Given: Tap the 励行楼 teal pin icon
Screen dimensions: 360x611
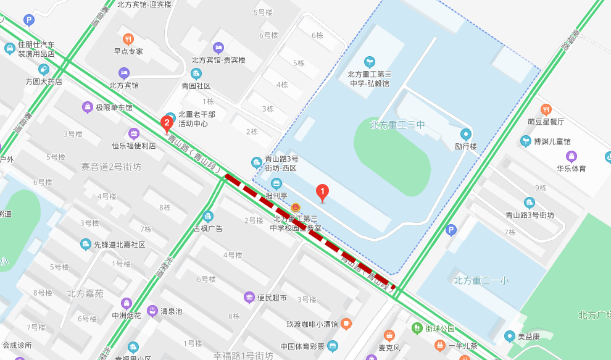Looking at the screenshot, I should click(x=465, y=134).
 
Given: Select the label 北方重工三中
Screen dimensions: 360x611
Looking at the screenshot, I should click(x=397, y=125).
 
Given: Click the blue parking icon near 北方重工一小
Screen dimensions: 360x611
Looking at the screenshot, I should click(x=451, y=230).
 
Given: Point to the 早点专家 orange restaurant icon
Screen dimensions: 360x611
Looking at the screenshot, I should click(x=128, y=38).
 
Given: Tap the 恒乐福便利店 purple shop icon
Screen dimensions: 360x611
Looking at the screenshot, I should click(x=134, y=133).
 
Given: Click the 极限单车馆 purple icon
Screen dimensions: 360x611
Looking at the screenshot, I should click(x=88, y=107).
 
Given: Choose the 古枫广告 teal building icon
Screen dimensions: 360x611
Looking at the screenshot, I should click(x=208, y=216).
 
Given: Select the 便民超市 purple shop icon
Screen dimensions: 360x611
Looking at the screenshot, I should click(x=249, y=298).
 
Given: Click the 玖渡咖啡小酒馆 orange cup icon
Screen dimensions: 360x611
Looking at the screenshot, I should click(x=346, y=324).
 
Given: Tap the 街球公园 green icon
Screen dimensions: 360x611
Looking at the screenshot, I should click(x=418, y=328).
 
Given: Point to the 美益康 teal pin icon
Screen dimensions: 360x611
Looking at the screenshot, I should click(x=509, y=337).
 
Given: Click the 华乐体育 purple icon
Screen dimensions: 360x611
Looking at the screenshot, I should click(x=572, y=156).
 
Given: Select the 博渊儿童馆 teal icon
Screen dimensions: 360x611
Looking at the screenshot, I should click(x=526, y=141).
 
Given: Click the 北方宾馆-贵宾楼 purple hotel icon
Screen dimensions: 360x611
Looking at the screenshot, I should click(x=217, y=48).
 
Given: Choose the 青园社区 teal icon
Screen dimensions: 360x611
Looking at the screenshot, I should click(x=196, y=73).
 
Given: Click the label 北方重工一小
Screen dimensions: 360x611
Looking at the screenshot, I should click(x=481, y=280).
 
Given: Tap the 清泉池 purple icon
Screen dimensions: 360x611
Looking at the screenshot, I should click(x=152, y=311).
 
